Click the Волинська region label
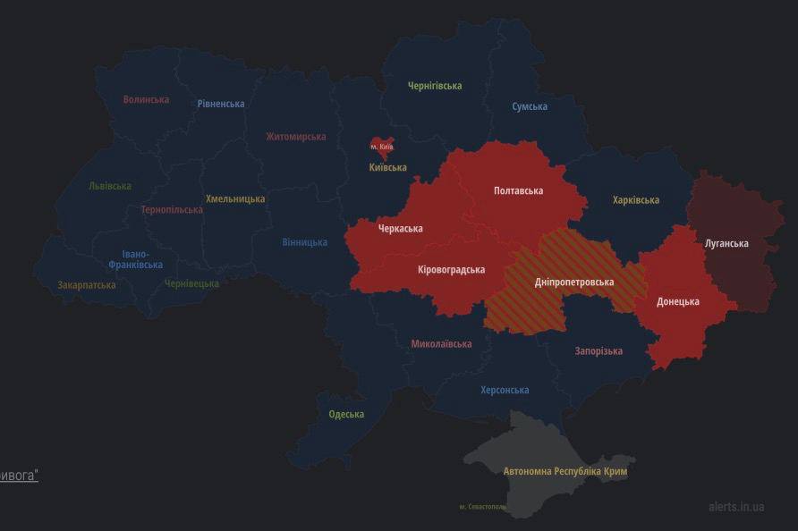pos(146,99)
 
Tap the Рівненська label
pos(221,104)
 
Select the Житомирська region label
pos(295,137)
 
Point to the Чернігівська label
pos(435,86)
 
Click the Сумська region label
pos(530,106)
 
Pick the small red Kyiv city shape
pos(382,147)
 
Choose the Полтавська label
pos(518,190)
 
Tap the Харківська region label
pos(635,200)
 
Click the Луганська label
pos(726,243)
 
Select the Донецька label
pos(677,301)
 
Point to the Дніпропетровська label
pos(573,282)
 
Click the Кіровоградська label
pos(451,269)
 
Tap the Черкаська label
pos(400,229)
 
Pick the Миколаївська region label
pos(441,343)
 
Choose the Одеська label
pos(346,414)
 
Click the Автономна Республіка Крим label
pos(565,470)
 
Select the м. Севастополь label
pos(482,507)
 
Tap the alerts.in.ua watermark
pos(736,506)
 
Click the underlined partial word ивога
pos(19,476)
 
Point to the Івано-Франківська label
pos(136,259)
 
